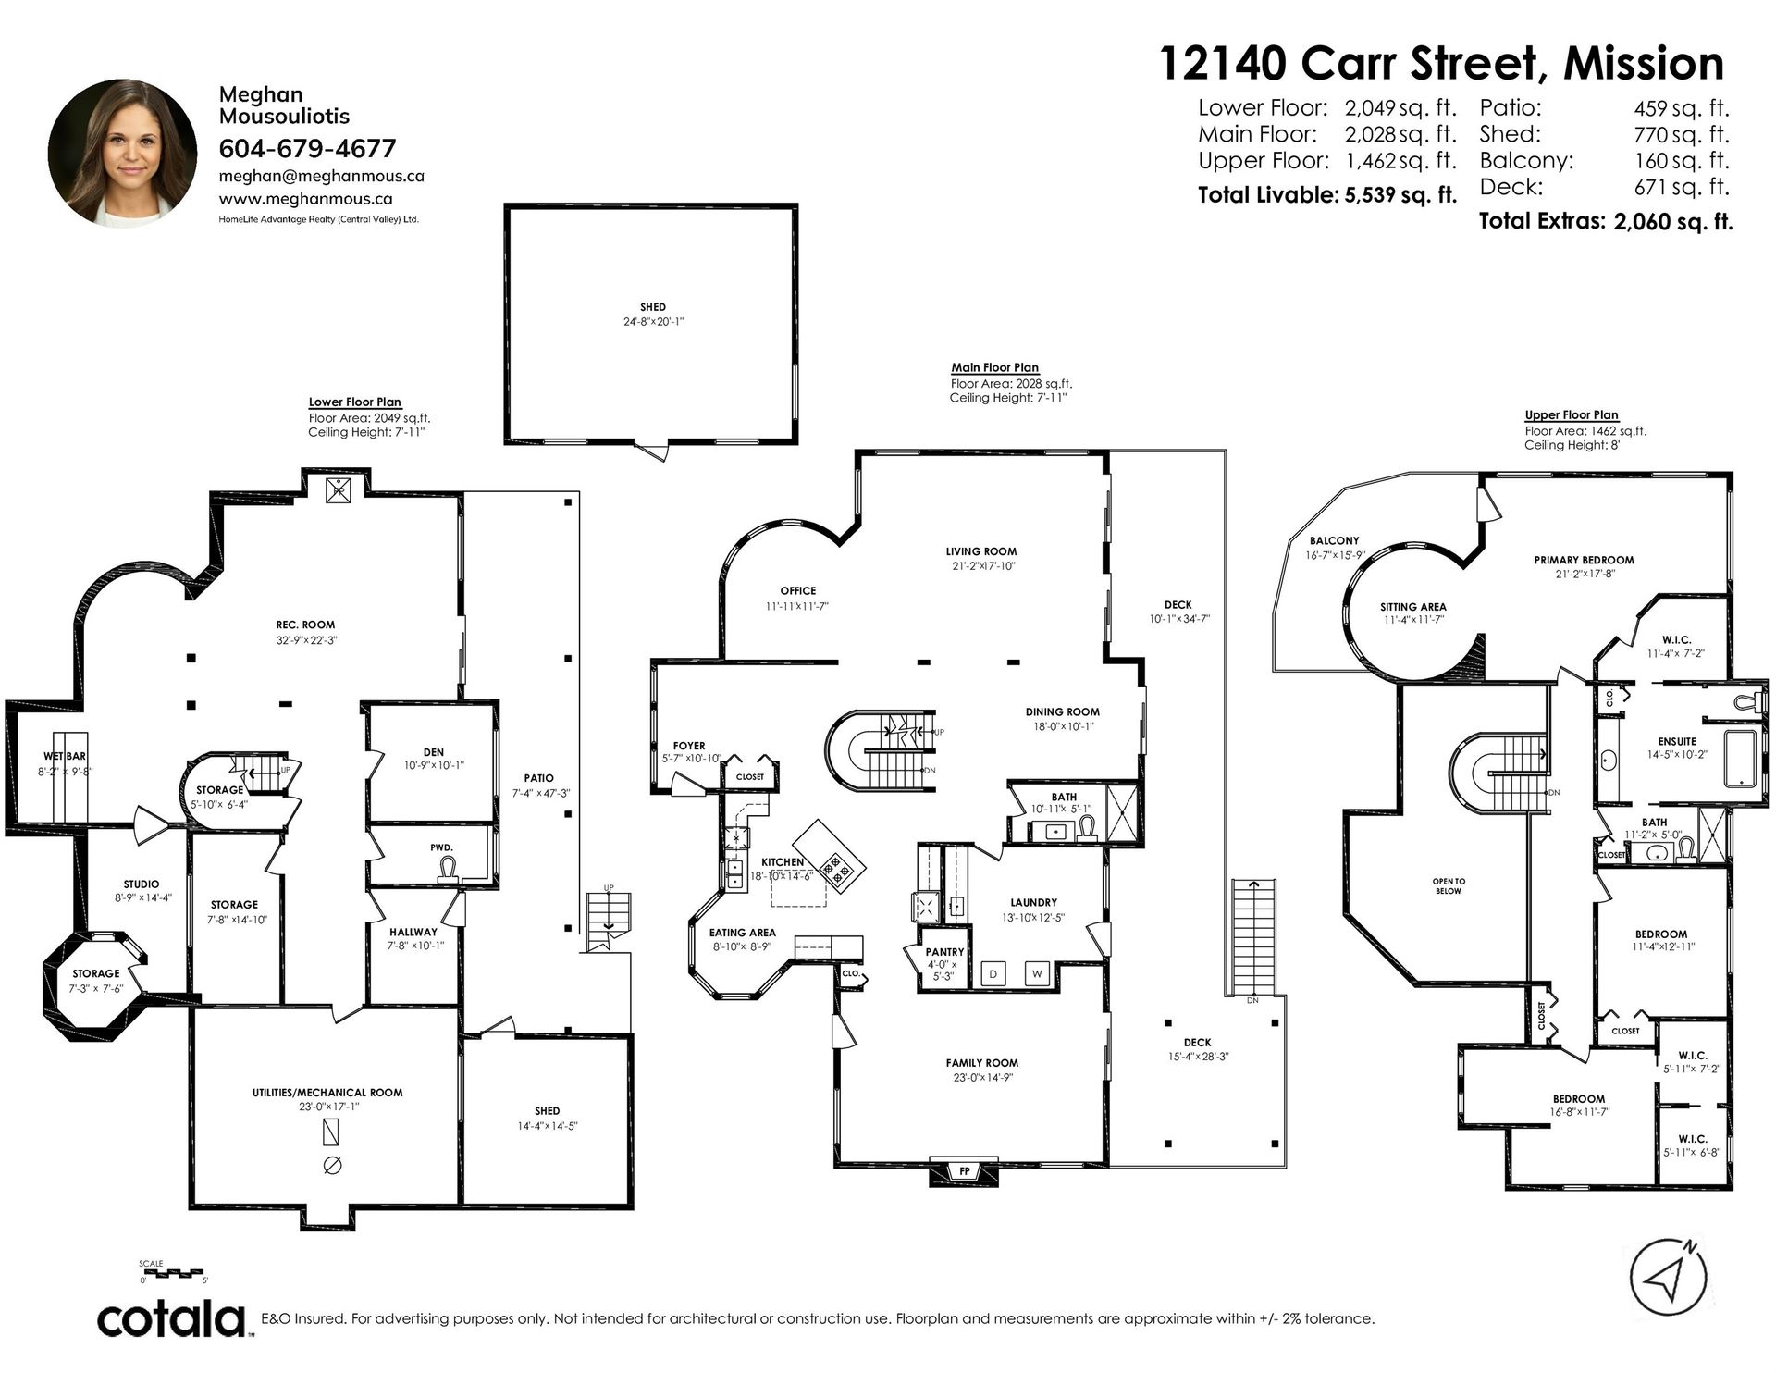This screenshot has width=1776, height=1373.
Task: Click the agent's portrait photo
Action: [123, 153]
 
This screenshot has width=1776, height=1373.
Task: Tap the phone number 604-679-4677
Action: [307, 148]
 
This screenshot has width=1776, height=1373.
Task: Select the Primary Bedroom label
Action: [1584, 560]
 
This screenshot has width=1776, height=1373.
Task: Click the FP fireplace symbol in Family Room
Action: [964, 1170]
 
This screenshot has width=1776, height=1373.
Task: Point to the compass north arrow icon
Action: [1668, 1280]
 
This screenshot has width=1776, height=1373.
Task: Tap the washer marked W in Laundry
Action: [1037, 973]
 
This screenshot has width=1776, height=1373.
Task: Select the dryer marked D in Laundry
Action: [993, 973]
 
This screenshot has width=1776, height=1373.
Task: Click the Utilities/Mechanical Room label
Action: [327, 1092]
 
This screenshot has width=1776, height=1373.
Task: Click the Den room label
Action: [434, 752]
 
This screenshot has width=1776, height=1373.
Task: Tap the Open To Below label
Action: [1449, 885]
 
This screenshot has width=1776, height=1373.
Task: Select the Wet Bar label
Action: [65, 756]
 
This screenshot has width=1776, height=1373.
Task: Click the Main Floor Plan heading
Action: [995, 367]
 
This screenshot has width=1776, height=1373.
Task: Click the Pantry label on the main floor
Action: [944, 951]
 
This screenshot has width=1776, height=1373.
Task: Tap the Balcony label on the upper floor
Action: [1334, 540]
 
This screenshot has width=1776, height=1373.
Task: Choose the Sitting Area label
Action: [1412, 607]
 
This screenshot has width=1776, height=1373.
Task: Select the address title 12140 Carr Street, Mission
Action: [1442, 63]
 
